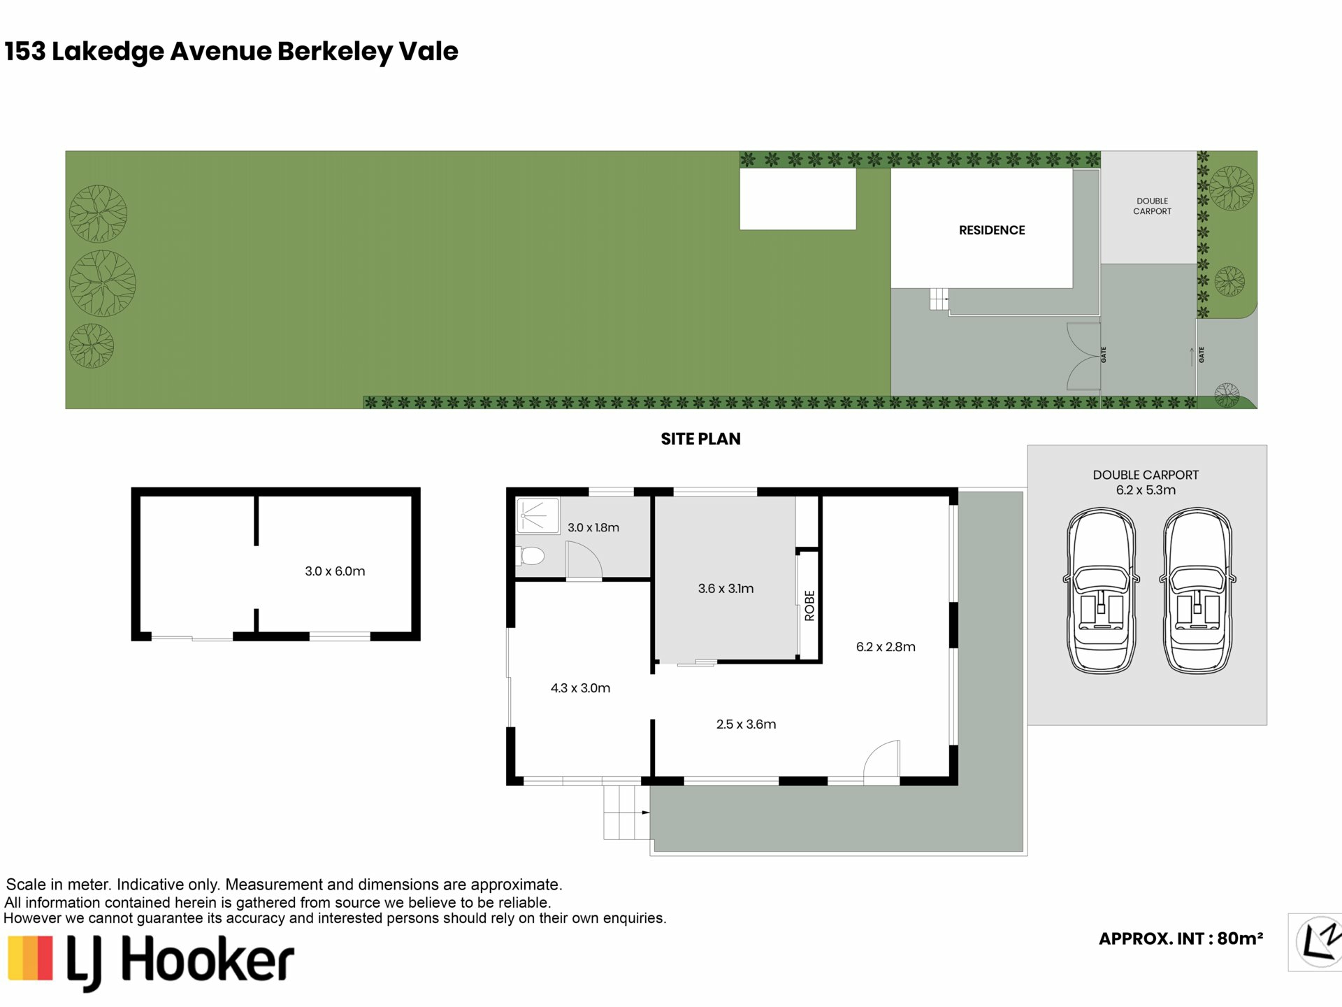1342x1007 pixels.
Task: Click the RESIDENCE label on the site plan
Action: point(992,230)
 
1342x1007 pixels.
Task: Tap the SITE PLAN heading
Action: point(700,438)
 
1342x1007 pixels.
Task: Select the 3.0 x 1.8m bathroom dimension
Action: point(593,527)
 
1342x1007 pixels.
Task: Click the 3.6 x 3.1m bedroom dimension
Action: point(726,588)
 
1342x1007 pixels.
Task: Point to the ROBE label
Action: point(809,606)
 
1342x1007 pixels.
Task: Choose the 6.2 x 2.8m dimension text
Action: point(886,647)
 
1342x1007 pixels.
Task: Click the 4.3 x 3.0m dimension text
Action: point(580,688)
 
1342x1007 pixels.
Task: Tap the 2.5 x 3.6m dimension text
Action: point(746,724)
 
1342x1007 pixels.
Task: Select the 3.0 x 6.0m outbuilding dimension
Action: point(335,571)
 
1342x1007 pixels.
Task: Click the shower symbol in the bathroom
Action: point(537,516)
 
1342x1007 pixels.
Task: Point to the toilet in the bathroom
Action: point(531,556)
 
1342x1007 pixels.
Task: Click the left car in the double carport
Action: point(1101,591)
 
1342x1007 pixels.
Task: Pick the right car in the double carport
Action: point(1197,591)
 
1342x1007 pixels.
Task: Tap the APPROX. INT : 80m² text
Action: point(1181,938)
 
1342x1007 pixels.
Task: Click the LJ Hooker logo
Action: point(151,961)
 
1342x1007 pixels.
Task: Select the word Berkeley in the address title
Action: point(335,52)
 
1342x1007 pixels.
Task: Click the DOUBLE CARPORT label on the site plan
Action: point(1152,206)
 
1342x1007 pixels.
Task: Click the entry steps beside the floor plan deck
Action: point(627,812)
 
